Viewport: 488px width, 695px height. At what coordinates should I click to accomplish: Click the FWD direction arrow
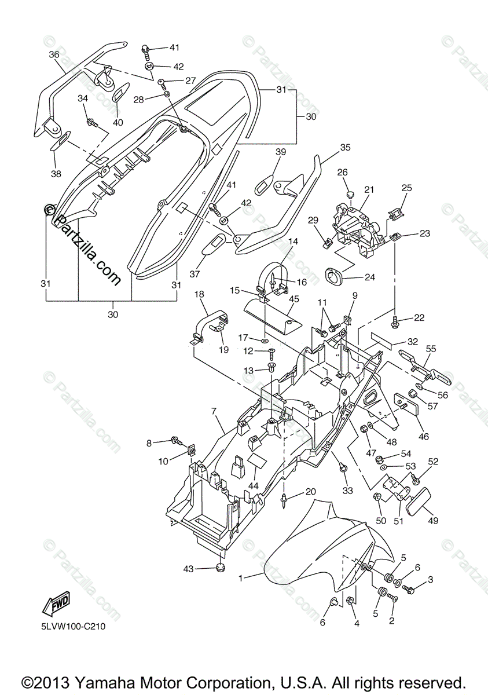point(56,606)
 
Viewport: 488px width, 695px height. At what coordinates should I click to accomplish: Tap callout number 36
point(54,54)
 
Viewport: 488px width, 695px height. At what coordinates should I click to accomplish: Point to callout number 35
point(345,148)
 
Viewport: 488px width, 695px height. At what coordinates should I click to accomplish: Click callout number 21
point(369,189)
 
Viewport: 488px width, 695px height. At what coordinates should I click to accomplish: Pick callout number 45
point(294,299)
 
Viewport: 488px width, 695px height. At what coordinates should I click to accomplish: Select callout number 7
point(214,411)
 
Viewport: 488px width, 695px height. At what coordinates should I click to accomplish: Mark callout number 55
point(431,349)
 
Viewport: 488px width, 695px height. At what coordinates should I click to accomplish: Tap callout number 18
point(199,294)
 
